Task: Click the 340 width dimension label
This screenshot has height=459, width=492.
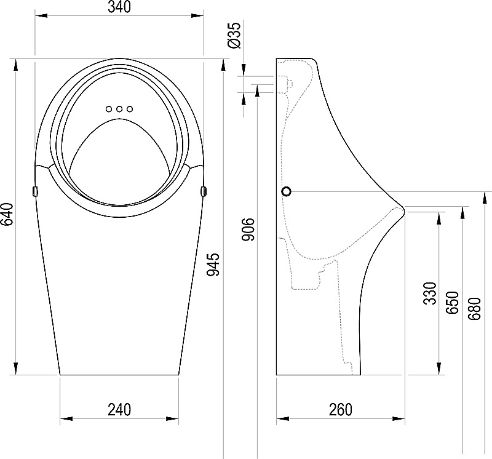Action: click(x=119, y=7)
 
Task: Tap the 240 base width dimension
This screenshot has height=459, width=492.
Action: click(x=119, y=410)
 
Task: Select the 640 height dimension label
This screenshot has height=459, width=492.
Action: click(x=7, y=215)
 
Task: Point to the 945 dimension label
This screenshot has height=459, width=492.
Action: click(x=213, y=265)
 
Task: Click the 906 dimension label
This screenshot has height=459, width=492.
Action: click(x=248, y=229)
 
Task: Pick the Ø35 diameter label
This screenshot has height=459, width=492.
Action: click(x=236, y=35)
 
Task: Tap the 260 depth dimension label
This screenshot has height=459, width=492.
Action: click(x=341, y=410)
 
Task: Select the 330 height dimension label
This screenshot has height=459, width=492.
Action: click(x=430, y=293)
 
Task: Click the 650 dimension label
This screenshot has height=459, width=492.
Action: click(x=453, y=303)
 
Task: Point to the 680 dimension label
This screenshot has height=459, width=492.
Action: click(x=474, y=309)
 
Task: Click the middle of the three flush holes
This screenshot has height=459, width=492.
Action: click(x=119, y=110)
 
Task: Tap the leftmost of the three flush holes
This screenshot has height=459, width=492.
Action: click(x=109, y=110)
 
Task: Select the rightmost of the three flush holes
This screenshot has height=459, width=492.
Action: click(x=130, y=110)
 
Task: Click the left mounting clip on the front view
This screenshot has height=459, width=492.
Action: click(x=35, y=191)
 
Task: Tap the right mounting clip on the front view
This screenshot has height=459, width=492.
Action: click(x=204, y=191)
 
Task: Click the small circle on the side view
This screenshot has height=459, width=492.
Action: click(x=287, y=191)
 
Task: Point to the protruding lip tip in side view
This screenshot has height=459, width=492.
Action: click(x=403, y=210)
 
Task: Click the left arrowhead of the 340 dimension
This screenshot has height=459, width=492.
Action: click(x=41, y=15)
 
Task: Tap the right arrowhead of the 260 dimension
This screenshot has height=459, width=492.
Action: click(x=399, y=418)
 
